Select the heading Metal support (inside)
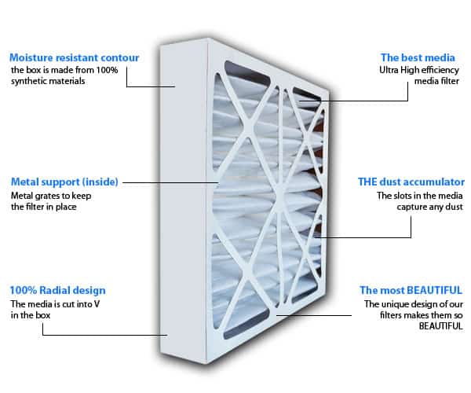tap(64, 182)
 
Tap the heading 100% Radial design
tap(57, 290)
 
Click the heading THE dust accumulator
tap(420, 182)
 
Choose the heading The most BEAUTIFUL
tap(411, 290)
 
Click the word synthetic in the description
tap(30, 83)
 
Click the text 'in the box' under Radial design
tap(28, 314)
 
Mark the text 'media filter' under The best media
tap(436, 81)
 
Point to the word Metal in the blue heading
tap(25, 182)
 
